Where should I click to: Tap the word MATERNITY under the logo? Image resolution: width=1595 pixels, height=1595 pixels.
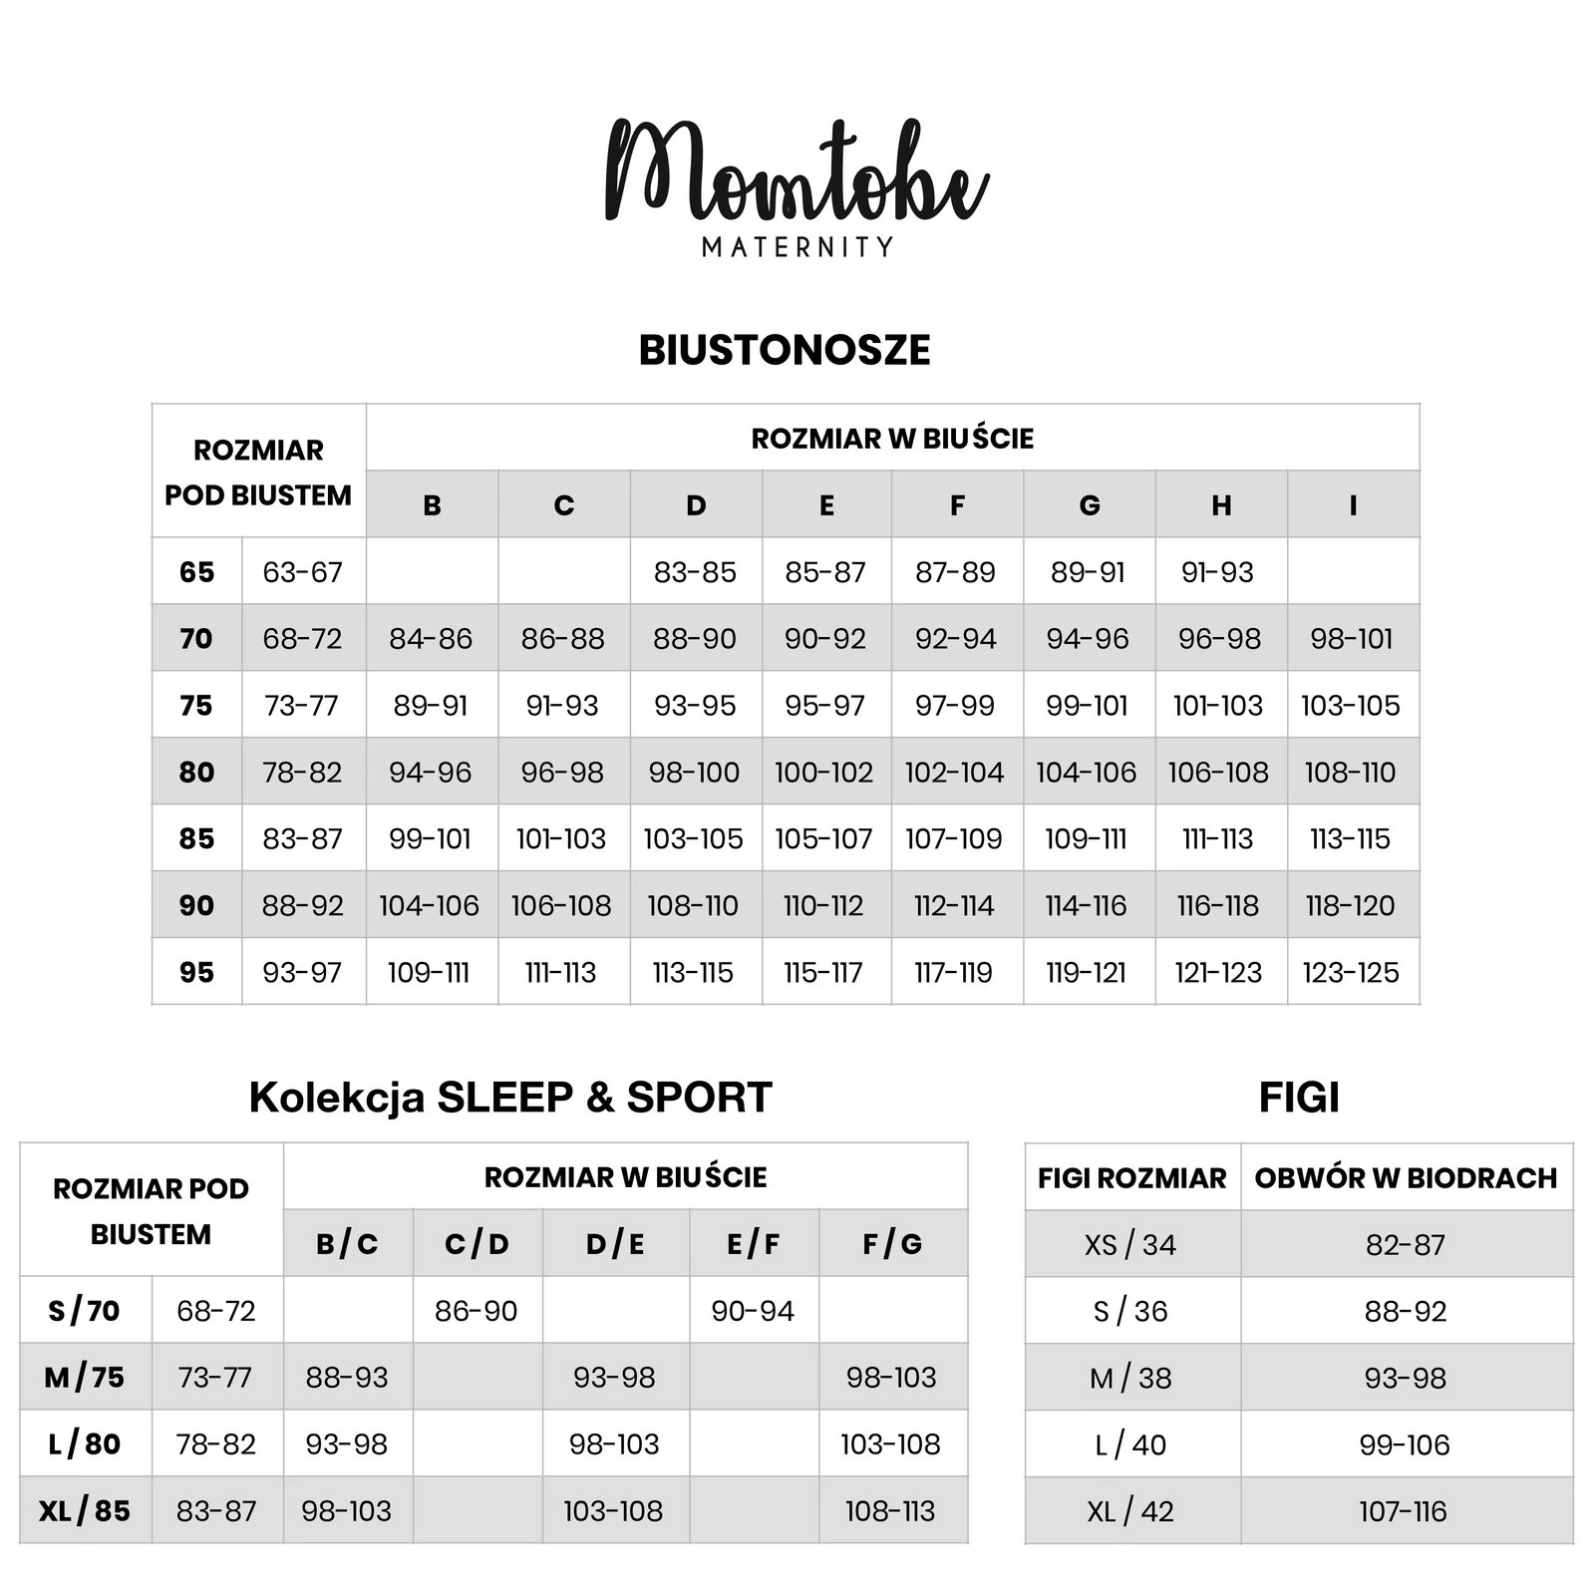797,246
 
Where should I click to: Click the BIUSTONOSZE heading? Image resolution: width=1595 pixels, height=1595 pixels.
785,350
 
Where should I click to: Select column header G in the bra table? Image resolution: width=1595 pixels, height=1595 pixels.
1090,505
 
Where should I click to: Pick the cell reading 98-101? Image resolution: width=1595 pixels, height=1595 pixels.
1352,638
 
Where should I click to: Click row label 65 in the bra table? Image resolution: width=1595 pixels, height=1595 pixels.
196,572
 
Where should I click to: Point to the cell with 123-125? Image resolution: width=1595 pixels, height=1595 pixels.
1351,972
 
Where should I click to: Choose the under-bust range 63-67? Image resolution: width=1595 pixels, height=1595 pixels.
302,572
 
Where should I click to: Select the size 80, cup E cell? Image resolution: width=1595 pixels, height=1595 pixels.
824,772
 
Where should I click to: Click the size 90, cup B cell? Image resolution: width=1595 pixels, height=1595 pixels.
430,905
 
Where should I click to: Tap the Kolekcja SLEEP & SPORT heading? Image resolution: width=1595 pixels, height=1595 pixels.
510,1097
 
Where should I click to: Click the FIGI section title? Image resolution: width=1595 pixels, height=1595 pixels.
1299,1097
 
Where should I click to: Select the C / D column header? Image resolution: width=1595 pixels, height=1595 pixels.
477,1244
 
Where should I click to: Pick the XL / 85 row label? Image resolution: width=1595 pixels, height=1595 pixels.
85,1510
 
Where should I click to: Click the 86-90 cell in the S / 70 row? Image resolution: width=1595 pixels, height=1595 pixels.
477,1310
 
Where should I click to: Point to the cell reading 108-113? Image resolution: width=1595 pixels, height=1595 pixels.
890,1510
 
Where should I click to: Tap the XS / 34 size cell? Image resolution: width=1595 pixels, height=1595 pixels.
1130,1244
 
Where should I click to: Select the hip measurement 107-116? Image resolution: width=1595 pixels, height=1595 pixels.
1404,1511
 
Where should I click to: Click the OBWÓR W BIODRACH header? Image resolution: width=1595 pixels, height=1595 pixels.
1406,1177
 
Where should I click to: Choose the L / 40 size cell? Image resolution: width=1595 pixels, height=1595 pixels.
1130,1444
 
